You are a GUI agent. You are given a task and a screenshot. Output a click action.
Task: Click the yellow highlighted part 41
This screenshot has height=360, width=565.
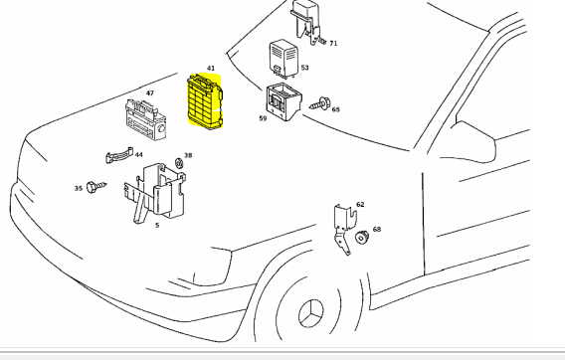(205, 100)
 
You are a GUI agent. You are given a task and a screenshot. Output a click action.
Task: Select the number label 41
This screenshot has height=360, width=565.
(211, 68)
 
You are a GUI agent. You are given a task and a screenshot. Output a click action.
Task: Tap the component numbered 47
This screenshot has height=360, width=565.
(145, 119)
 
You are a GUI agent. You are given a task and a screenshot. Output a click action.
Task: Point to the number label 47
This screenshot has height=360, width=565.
(150, 92)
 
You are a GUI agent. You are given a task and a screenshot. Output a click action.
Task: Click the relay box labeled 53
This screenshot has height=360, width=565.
(283, 59)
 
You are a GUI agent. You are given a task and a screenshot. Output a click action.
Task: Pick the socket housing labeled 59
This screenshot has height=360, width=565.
(283, 102)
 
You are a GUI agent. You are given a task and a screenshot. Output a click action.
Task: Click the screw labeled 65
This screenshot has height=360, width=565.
(319, 103)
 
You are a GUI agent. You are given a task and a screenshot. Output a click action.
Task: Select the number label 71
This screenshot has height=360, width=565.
(333, 43)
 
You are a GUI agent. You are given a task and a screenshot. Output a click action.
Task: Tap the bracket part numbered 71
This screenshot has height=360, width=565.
(306, 22)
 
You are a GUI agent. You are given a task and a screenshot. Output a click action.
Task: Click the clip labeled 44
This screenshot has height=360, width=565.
(119, 156)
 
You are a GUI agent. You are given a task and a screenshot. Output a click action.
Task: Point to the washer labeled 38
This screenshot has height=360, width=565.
(179, 163)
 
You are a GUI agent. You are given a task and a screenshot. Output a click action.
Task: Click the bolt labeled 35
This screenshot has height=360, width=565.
(96, 187)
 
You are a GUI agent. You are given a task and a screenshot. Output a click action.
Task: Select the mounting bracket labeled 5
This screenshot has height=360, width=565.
(155, 192)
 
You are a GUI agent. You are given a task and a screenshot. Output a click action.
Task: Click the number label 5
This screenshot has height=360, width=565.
(157, 226)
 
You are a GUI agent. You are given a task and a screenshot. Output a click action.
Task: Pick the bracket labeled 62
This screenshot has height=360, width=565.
(345, 229)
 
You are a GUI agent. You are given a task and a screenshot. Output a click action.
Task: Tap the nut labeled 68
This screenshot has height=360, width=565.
(361, 238)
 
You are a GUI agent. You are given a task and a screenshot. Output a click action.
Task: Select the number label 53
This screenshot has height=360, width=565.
(304, 68)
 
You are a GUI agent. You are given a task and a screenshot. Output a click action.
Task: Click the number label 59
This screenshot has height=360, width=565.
(263, 118)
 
